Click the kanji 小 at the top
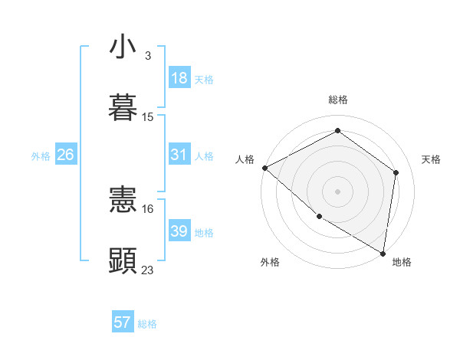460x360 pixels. pos(123,47)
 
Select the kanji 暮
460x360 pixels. pos(123,108)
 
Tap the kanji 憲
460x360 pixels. pos(123,201)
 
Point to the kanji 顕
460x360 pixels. pos(123,260)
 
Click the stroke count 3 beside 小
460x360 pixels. pos(147,56)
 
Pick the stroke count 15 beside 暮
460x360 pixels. pos(148,117)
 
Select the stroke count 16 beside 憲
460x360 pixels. pos(148,208)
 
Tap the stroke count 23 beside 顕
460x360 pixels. pos(148,270)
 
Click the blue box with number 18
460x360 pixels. pos(179,78)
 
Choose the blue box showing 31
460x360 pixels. pos(179,155)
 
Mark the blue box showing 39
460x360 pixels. pos(179,231)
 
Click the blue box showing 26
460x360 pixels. pos(65,155)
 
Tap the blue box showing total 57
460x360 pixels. pos(123,322)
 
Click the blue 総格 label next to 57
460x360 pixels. pos(148,324)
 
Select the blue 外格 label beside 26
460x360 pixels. pos(41,156)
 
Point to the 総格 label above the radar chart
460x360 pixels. pos(337,100)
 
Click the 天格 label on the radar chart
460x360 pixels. pos(431,159)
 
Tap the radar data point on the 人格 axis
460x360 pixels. pos(264,168)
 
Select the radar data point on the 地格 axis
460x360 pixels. pos(383,253)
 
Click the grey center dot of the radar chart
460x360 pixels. pos(337,191)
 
